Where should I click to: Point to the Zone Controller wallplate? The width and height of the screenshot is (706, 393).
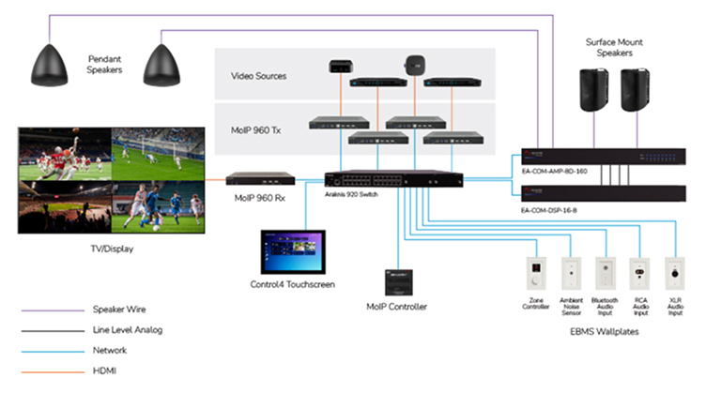click(536, 273)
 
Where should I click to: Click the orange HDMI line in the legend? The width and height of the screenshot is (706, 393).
click(47, 371)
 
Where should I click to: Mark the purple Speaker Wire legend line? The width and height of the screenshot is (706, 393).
click(47, 309)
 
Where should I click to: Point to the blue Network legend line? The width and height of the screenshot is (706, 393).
click(47, 351)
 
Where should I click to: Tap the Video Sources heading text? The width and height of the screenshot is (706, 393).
click(259, 76)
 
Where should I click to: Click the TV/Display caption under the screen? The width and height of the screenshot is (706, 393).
click(110, 249)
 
